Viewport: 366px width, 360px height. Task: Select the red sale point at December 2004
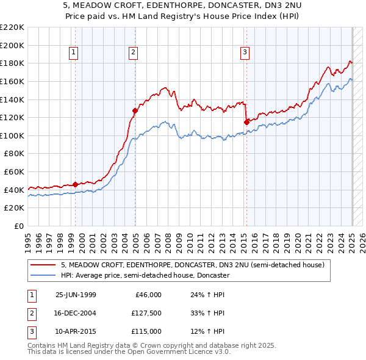point(135,110)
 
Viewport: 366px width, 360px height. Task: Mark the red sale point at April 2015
point(246,122)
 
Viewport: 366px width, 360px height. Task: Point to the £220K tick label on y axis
point(12,27)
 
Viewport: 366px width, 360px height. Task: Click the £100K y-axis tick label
point(12,135)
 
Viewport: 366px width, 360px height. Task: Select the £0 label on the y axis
point(20,226)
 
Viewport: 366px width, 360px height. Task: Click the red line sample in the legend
point(43,265)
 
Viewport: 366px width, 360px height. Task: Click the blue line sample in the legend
point(43,275)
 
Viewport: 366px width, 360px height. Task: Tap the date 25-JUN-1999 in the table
point(76,295)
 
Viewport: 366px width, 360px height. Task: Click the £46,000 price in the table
point(147,295)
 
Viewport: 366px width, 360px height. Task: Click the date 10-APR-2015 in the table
point(76,331)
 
